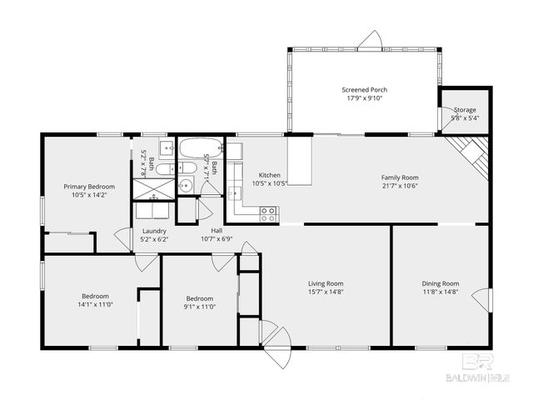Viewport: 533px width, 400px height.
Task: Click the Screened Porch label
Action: coord(364,89)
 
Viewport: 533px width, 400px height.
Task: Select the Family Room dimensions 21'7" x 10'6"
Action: coord(400,186)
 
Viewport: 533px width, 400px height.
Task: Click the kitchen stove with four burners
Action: coord(269,212)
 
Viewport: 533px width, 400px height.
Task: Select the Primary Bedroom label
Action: coord(89,186)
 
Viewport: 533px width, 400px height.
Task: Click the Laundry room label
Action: coord(154,231)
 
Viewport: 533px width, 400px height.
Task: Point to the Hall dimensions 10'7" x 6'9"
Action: coord(217,239)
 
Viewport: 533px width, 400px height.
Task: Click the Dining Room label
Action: coord(440,283)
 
